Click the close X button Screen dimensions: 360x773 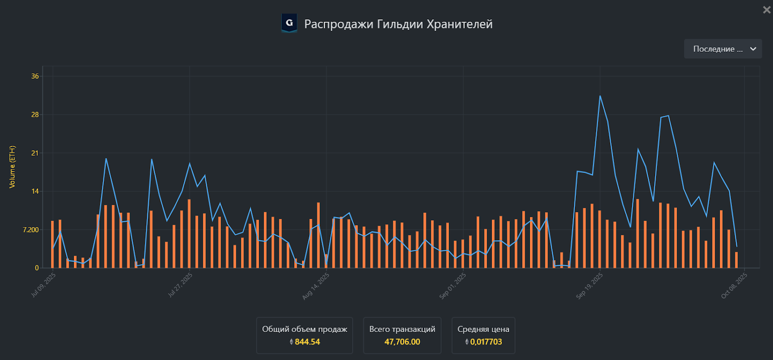point(766,10)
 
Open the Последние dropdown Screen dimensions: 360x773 point(723,49)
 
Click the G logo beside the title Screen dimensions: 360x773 point(289,23)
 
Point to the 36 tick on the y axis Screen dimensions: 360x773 point(35,76)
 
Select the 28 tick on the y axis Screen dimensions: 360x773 point(35,115)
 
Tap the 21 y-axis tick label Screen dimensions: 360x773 point(35,153)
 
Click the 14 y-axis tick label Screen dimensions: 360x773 point(35,191)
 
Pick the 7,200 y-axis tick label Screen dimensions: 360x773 point(30,230)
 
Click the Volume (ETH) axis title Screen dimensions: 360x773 point(13,167)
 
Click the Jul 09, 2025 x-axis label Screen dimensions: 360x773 point(44,285)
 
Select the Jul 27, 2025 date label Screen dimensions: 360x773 point(180,285)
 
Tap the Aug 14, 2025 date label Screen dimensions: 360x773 point(316,286)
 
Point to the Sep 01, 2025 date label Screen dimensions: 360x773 point(453,286)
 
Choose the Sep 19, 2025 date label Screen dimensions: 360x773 point(590,286)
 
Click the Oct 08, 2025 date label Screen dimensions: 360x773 point(734,286)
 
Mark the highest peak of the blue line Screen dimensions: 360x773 point(600,96)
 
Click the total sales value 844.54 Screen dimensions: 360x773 point(307,342)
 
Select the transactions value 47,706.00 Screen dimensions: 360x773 point(402,342)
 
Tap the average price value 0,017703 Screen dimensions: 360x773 point(486,342)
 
